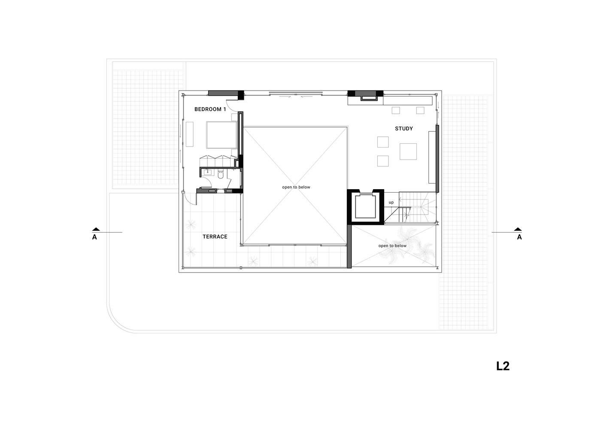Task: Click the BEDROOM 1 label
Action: click(210, 109)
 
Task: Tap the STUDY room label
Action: click(404, 129)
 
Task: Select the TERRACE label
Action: click(215, 237)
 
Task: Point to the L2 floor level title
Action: click(503, 366)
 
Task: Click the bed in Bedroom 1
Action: click(222, 135)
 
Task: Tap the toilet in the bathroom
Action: click(221, 174)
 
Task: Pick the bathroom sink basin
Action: click(208, 172)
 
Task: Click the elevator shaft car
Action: click(366, 207)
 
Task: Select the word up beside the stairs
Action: click(391, 202)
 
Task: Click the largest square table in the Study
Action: click(408, 152)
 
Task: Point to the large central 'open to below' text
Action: click(296, 187)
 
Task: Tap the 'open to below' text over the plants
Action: click(392, 246)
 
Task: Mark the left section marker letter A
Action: click(94, 237)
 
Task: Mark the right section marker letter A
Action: click(519, 237)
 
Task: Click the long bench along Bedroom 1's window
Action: click(189, 134)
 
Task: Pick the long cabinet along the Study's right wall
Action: click(432, 157)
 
